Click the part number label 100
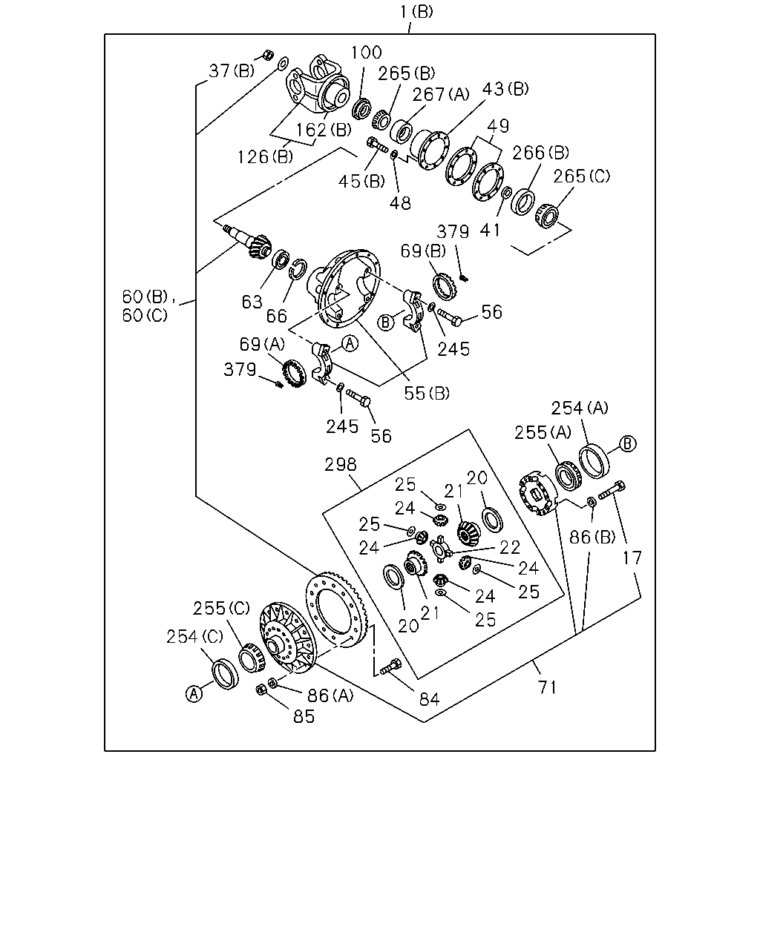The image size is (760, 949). pyautogui.click(x=366, y=53)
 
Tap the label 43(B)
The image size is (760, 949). pyautogui.click(x=505, y=89)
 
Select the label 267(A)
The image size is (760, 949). pyautogui.click(x=441, y=94)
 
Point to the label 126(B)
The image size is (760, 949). pyautogui.click(x=265, y=156)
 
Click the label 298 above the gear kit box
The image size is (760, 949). pyautogui.click(x=341, y=464)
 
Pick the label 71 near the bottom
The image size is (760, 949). pyautogui.click(x=547, y=687)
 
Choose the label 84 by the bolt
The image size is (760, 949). pyautogui.click(x=429, y=699)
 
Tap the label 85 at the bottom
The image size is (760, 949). pyautogui.click(x=304, y=717)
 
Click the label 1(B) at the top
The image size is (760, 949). pyautogui.click(x=416, y=12)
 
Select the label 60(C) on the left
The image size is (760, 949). pyautogui.click(x=145, y=315)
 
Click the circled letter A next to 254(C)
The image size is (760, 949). pyautogui.click(x=194, y=694)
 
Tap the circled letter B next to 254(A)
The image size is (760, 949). pyautogui.click(x=627, y=443)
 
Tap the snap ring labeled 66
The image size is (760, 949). pyautogui.click(x=298, y=269)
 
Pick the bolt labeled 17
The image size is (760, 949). pyautogui.click(x=612, y=491)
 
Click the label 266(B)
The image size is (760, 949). pyautogui.click(x=540, y=153)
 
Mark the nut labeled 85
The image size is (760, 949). pyautogui.click(x=261, y=689)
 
